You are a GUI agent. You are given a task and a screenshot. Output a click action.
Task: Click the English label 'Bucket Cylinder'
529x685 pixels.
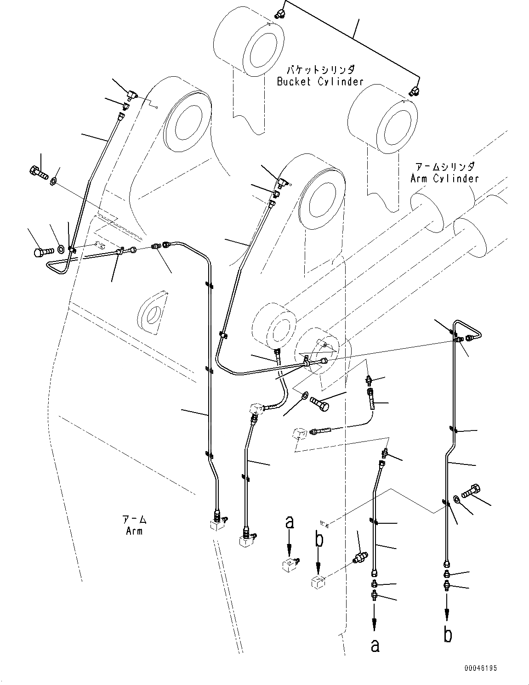coord(320,82)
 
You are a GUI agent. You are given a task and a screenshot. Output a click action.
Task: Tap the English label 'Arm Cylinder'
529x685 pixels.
coord(444,178)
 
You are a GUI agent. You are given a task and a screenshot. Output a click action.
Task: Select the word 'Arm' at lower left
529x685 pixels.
coord(134,531)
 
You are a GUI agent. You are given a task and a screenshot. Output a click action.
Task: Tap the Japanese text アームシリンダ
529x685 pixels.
coord(444,167)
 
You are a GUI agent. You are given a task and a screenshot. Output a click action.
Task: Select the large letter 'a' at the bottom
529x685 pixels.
coord(375,645)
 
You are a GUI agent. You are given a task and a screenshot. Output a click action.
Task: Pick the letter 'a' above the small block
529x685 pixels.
coord(289,522)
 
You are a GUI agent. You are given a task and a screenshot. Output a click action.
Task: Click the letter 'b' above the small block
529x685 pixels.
coord(319,539)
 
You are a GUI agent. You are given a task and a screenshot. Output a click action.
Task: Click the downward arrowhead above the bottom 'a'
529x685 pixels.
coord(375,625)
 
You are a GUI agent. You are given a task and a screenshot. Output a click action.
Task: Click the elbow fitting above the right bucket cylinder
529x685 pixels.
coord(414,91)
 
